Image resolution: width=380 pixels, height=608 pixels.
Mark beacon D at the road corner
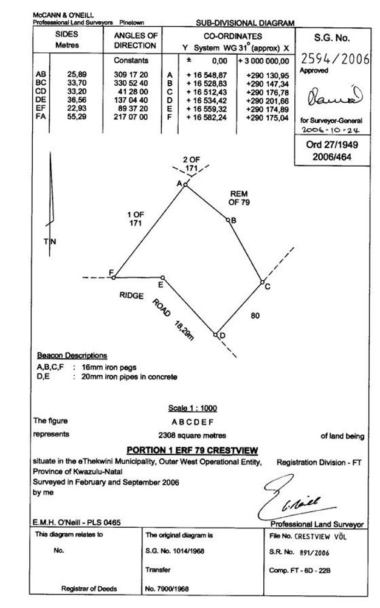click(x=216, y=334)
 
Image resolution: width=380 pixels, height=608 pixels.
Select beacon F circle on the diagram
click(x=114, y=277)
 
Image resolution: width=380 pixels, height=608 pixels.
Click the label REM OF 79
click(x=239, y=198)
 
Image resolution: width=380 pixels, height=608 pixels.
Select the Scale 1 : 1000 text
click(x=192, y=408)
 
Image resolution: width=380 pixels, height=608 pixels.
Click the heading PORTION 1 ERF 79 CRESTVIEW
click(x=192, y=450)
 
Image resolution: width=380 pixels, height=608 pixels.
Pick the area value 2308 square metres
click(x=192, y=435)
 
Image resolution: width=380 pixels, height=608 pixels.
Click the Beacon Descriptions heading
click(x=72, y=356)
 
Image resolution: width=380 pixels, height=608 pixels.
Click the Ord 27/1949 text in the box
click(x=332, y=146)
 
